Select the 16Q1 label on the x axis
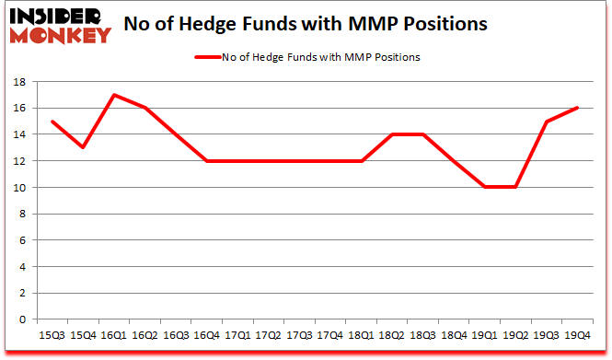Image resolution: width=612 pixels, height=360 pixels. click(x=112, y=335)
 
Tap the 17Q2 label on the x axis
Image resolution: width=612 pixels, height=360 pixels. click(x=269, y=335)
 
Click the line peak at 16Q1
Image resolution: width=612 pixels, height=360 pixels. click(x=112, y=95)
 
